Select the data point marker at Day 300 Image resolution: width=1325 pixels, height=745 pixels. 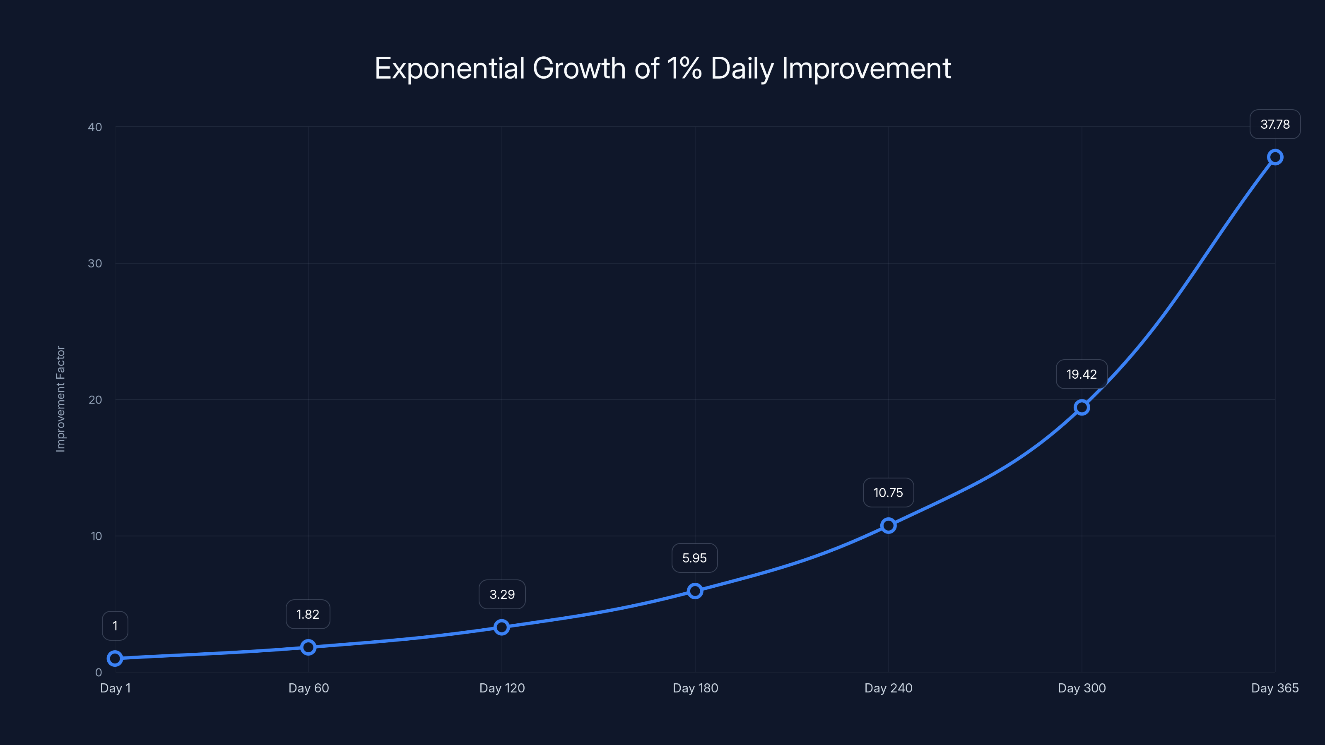(1082, 407)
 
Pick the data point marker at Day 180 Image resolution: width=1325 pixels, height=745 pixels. (695, 591)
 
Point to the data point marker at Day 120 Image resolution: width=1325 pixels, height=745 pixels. (501, 627)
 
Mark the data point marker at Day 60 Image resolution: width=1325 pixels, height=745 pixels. (308, 647)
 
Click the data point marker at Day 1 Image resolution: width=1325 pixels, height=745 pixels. (115, 658)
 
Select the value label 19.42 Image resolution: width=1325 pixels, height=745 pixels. (1081, 374)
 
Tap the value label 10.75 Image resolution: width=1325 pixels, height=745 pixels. (888, 493)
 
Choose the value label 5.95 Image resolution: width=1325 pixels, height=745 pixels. (694, 558)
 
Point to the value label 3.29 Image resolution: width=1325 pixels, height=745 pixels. (501, 594)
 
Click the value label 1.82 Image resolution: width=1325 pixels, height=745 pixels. (308, 614)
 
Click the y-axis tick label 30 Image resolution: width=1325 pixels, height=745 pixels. (95, 263)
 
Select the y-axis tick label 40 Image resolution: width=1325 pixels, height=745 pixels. (95, 127)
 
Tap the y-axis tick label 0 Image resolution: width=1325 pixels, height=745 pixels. (98, 673)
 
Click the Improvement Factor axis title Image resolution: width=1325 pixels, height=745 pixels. (61, 399)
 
